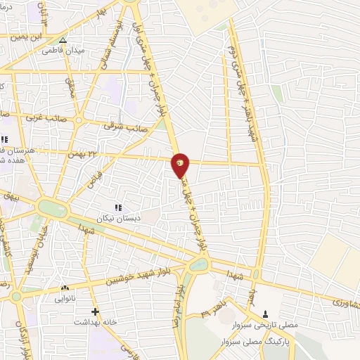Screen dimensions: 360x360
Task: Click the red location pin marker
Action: [181, 163]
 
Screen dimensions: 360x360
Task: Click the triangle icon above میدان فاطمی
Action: [63, 40]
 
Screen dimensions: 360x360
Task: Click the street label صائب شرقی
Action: [118, 126]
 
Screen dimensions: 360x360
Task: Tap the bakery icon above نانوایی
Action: [65, 288]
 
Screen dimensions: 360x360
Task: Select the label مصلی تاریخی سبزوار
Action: [265, 324]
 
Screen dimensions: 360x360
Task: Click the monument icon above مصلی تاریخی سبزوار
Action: [265, 314]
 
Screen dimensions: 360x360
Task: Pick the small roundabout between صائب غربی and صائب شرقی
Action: [79, 121]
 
